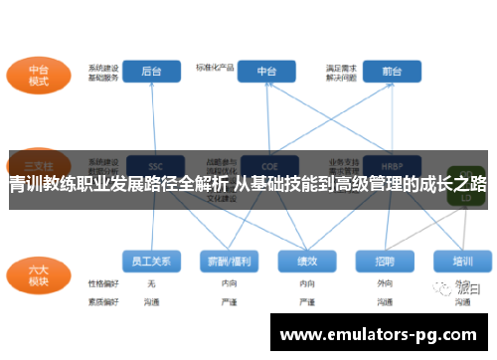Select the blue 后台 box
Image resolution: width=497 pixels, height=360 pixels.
click(152, 72)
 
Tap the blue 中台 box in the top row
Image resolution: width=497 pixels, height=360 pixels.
click(266, 72)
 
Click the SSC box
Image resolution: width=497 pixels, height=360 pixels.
click(153, 165)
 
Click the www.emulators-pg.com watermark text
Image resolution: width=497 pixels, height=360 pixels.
click(379, 335)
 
